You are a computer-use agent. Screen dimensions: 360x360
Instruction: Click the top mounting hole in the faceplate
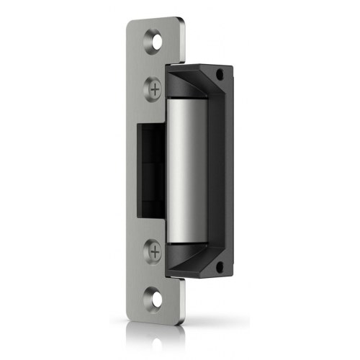click(x=155, y=42)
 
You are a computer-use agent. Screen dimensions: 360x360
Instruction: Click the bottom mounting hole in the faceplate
click(x=155, y=294)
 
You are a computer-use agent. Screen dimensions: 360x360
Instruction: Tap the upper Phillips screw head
click(x=156, y=89)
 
